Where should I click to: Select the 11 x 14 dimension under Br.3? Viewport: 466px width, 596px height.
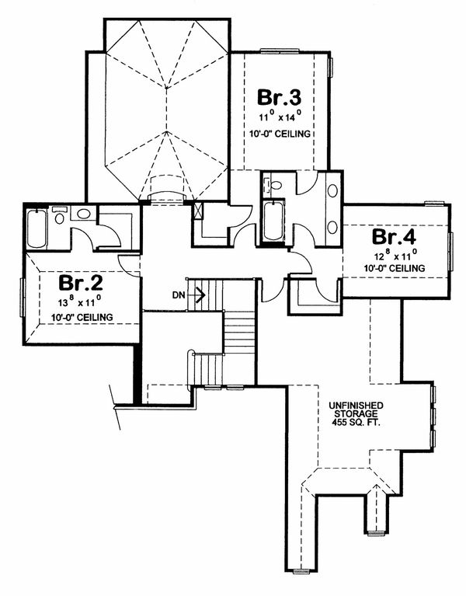point(280,118)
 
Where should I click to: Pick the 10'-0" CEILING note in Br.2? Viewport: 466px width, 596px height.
point(80,317)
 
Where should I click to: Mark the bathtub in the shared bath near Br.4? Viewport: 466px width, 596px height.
point(275,221)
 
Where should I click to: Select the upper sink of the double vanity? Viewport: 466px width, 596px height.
point(333,190)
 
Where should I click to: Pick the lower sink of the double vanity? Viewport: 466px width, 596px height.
point(333,227)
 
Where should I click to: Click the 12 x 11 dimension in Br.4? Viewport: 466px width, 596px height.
point(395,253)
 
